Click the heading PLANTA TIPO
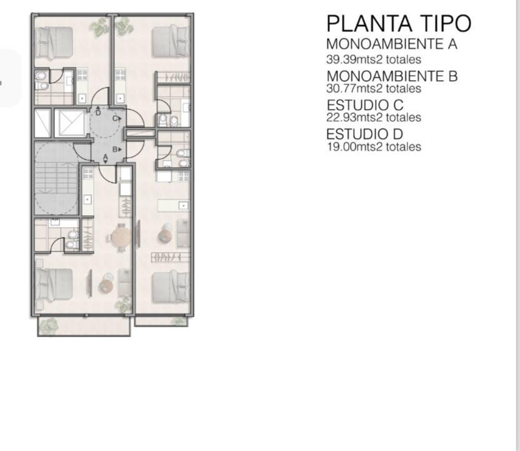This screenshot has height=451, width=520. (x=399, y=23)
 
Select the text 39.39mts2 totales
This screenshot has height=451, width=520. (x=374, y=59)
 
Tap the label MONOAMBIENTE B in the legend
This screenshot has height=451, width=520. (x=392, y=76)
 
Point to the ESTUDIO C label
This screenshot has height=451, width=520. (x=365, y=105)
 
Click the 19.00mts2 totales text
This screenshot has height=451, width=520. (x=374, y=146)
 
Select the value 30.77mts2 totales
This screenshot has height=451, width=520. (x=374, y=88)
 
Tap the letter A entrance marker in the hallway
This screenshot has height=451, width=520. (x=106, y=158)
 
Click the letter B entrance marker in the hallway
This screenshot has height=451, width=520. (x=117, y=149)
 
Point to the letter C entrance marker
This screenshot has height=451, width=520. (x=117, y=118)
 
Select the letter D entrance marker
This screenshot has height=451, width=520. (x=98, y=111)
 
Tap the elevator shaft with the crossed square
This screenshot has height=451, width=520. (x=70, y=123)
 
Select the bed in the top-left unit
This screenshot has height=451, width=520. (x=54, y=43)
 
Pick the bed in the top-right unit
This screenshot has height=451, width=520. (x=171, y=42)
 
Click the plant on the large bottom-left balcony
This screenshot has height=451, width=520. (x=48, y=327)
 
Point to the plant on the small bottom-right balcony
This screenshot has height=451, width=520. (x=179, y=322)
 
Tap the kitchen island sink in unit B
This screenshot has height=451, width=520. (x=183, y=206)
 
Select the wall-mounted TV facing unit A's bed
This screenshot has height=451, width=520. (x=89, y=283)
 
